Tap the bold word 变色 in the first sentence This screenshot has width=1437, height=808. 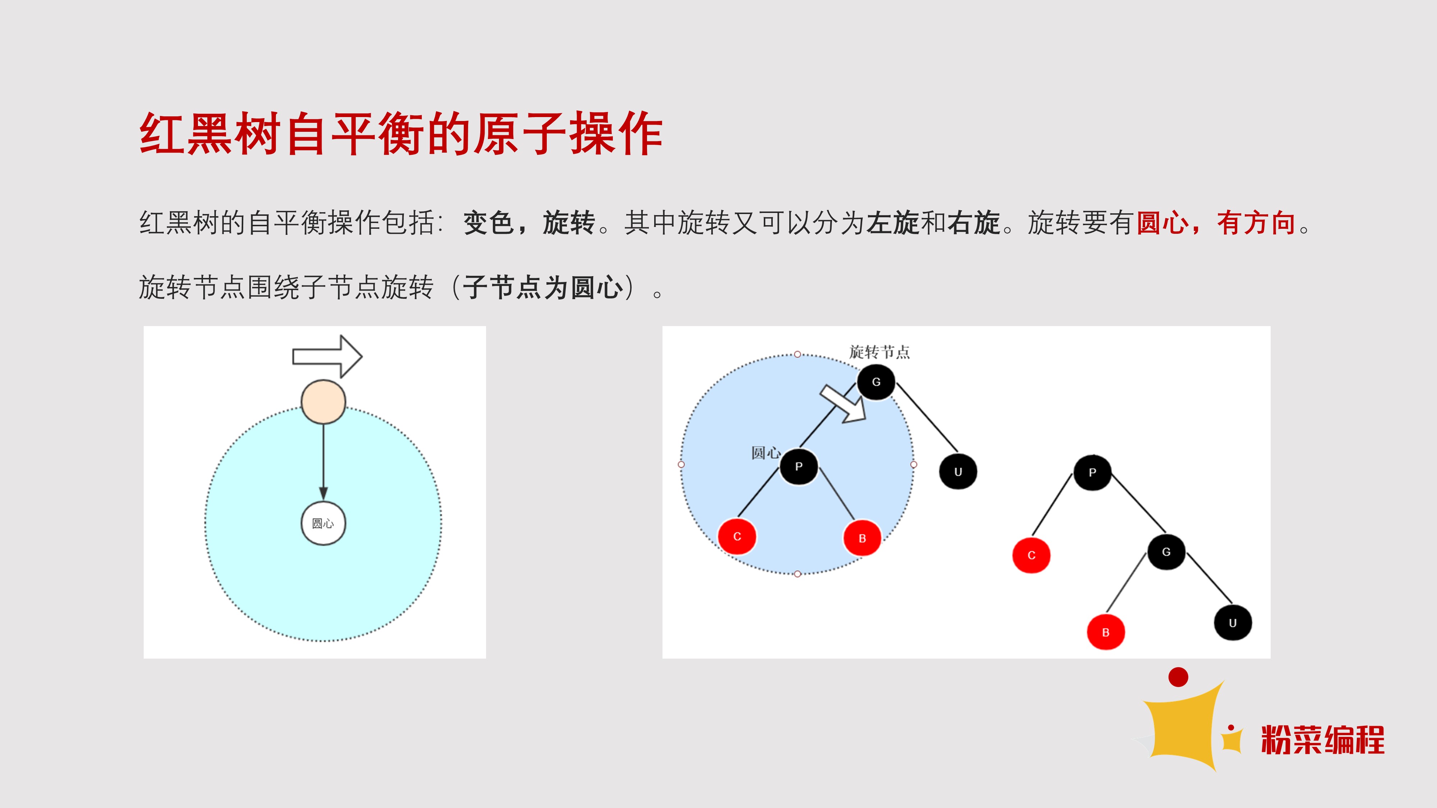click(488, 223)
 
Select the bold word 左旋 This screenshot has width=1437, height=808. click(892, 223)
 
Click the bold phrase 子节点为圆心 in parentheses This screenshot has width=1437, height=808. click(543, 288)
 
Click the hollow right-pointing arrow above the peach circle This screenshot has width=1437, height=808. click(327, 356)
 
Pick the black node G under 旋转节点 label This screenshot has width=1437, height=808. click(876, 382)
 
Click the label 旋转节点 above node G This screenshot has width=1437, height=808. click(879, 352)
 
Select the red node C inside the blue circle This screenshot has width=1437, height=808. click(737, 537)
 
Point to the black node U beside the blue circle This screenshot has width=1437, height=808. click(958, 472)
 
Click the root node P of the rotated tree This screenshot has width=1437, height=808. click(1092, 472)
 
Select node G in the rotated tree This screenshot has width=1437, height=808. click(1166, 552)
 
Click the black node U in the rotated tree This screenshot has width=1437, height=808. click(1233, 623)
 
